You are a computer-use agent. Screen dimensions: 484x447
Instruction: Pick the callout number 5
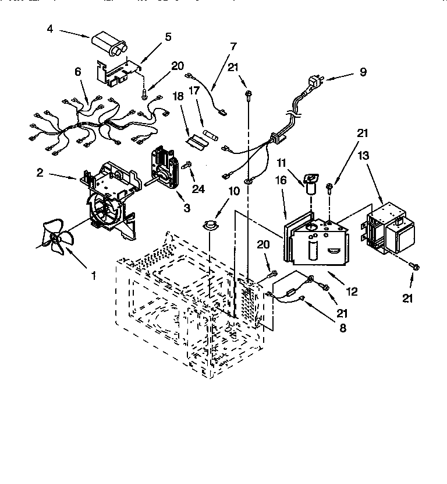[x=168, y=37]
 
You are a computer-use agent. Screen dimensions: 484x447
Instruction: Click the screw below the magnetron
[x=414, y=265]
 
